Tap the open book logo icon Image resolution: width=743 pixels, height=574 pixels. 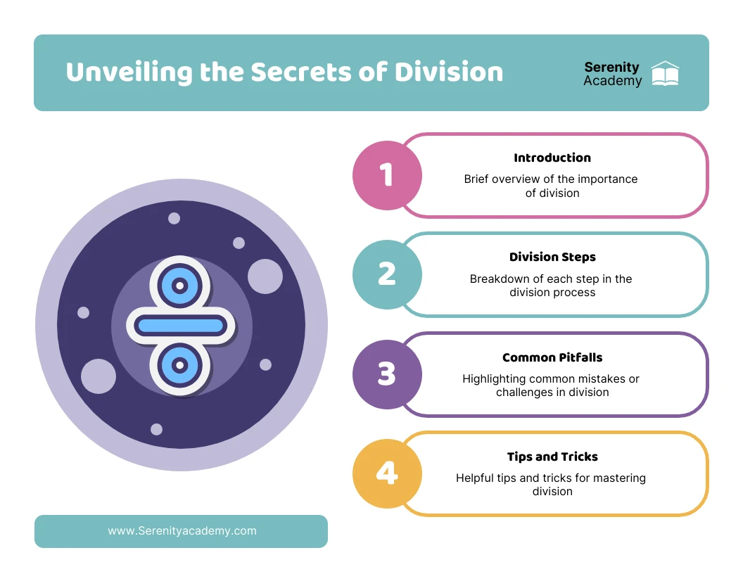click(665, 74)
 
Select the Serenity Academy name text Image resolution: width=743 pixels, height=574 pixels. click(612, 74)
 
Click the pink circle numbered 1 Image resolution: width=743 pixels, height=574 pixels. click(387, 175)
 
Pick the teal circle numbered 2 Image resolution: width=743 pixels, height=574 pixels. click(387, 274)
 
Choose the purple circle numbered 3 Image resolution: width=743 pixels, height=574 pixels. click(387, 374)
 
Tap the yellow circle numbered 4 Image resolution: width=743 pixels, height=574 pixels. click(387, 473)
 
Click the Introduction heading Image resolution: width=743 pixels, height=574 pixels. click(552, 158)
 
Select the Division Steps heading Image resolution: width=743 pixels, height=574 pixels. click(552, 257)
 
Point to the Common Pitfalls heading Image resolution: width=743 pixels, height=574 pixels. click(552, 357)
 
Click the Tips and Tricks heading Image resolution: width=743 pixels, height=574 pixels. click(552, 457)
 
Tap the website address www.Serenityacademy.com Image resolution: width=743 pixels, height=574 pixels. click(182, 531)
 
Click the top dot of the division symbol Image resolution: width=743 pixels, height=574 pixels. click(180, 286)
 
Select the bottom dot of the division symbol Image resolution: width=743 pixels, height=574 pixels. click(180, 364)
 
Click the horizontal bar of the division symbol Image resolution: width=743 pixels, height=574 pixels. click(181, 325)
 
